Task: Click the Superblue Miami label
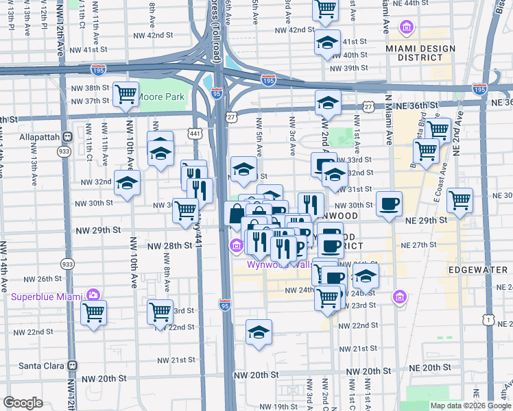point(46,296)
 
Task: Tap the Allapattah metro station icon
point(67,136)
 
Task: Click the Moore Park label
point(161,97)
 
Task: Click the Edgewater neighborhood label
point(477,270)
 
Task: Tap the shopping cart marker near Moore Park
point(126,94)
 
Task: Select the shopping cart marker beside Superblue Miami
point(93,314)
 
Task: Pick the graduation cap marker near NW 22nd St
point(259,333)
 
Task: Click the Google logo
point(23,403)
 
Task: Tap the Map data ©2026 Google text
point(470,406)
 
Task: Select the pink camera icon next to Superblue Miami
point(93,295)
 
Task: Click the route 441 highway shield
point(195,133)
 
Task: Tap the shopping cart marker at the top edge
point(325,9)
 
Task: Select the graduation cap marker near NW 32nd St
point(128,183)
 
